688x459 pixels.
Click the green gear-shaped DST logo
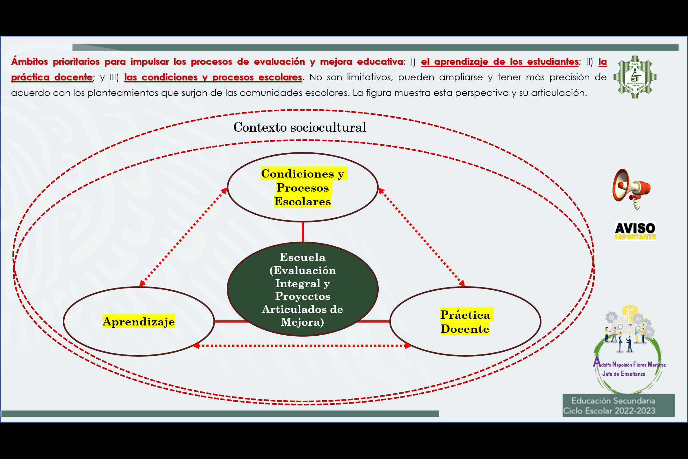[x=635, y=77]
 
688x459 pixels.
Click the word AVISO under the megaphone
[x=635, y=228]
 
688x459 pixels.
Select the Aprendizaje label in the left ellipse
[x=139, y=321]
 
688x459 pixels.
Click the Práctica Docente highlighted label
[x=465, y=322]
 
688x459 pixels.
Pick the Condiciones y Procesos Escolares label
[x=303, y=187]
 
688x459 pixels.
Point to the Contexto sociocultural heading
[x=300, y=127]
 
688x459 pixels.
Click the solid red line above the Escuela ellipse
[x=303, y=232]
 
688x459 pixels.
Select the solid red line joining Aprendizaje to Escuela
[x=231, y=321]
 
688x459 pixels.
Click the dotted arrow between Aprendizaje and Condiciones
[x=183, y=237]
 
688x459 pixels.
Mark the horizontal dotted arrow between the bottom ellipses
[x=303, y=346]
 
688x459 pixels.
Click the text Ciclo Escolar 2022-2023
[x=609, y=411]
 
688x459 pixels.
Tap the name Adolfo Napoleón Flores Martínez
[x=629, y=364]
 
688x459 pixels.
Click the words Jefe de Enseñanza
[x=624, y=374]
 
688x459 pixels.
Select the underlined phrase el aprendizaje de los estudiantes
[x=499, y=62]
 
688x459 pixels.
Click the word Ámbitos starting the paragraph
[x=30, y=62]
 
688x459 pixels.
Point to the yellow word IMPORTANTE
[x=635, y=237]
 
